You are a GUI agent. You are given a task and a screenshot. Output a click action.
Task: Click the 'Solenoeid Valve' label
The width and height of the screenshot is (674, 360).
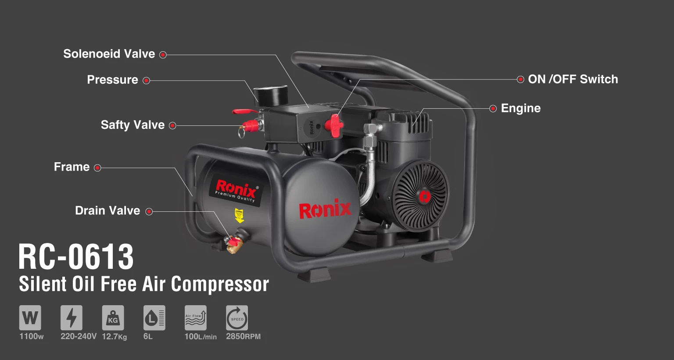point(109,54)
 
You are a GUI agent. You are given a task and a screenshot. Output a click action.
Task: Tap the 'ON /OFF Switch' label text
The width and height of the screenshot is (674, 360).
point(573,79)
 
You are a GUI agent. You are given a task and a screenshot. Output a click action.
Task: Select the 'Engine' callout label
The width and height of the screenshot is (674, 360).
point(520,108)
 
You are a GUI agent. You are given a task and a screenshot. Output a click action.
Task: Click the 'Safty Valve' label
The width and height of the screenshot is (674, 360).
point(133,125)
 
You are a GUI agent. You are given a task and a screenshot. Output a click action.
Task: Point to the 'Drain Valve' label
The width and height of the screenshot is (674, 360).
point(108,211)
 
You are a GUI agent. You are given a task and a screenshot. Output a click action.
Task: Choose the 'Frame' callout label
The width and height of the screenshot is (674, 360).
point(72,167)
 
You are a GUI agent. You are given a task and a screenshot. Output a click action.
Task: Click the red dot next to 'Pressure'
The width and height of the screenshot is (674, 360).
point(147,81)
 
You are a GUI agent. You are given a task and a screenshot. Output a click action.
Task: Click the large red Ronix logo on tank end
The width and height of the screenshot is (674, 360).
point(325,210)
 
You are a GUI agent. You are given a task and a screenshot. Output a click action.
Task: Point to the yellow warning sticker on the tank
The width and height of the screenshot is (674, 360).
point(239,215)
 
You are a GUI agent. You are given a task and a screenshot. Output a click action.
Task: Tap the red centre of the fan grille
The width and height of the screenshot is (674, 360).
point(423,196)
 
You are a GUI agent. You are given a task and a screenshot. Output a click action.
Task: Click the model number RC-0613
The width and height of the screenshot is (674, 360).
point(76,257)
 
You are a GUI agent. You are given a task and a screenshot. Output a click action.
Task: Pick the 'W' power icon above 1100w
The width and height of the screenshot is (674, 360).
point(30,318)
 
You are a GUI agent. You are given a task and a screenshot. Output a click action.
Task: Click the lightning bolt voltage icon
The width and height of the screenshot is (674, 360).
point(71,318)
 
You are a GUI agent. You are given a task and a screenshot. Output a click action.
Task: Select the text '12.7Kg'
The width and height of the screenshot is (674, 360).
point(114,337)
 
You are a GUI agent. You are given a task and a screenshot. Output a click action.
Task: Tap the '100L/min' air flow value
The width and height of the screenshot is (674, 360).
point(200,337)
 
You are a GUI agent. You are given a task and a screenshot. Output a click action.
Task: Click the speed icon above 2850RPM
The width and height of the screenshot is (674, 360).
point(237,318)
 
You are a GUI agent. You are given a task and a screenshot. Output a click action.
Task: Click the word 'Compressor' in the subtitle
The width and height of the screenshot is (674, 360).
point(219,284)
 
